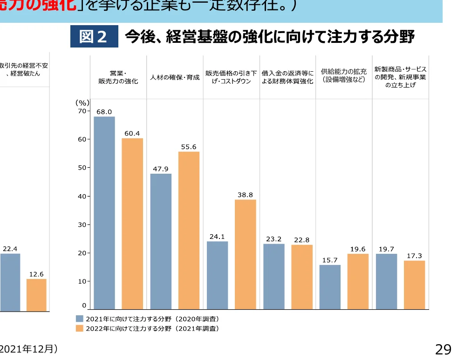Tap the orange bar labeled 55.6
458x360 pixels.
pos(189,230)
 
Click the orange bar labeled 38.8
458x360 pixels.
pos(245,254)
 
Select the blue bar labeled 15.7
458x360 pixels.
pos(330,287)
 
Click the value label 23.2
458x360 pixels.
pos(273,239)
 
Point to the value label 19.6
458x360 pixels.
pos(358,249)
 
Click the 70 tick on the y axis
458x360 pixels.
pos(82,111)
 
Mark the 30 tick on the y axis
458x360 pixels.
pos(82,224)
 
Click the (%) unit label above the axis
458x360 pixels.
pos(82,102)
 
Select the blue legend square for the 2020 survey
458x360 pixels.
pos(80,319)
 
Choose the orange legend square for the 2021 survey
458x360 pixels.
pos(80,328)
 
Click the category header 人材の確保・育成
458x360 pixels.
pos(175,77)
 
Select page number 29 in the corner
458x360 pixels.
pos(443,349)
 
